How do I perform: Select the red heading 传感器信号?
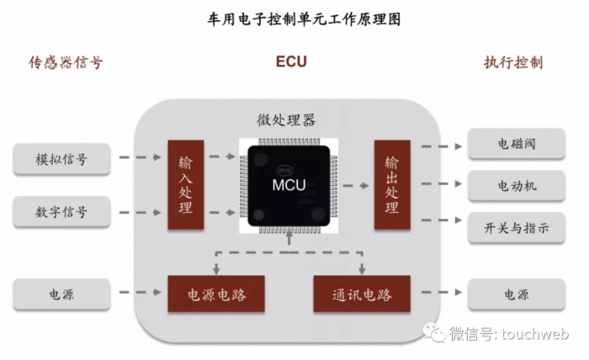click(66, 62)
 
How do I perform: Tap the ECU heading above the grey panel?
click(291, 62)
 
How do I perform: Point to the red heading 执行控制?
click(512, 62)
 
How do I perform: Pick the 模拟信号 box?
click(61, 158)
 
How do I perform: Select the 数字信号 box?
click(61, 212)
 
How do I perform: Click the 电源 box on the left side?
click(61, 294)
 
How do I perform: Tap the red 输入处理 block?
click(186, 184)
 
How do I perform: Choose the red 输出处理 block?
click(392, 184)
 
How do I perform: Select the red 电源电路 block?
click(216, 294)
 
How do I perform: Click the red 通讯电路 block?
click(363, 294)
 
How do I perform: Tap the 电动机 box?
click(516, 184)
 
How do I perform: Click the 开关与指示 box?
click(516, 225)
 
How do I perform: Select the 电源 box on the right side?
click(516, 294)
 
